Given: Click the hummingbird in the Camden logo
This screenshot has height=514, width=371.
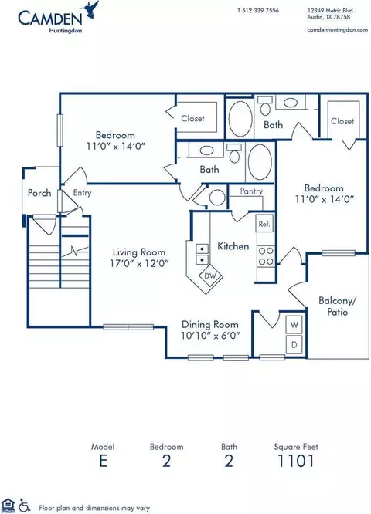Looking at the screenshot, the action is [x=92, y=8].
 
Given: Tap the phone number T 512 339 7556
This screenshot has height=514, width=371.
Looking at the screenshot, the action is [x=257, y=11].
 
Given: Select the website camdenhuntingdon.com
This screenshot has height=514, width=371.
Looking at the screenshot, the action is [x=337, y=29].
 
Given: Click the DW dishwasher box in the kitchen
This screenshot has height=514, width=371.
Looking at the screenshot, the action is [x=210, y=276].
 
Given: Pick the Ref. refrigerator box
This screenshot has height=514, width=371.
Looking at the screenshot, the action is [x=264, y=224].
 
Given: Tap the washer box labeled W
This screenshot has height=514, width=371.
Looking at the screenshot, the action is [x=294, y=325].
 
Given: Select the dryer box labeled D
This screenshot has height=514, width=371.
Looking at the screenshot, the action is [x=294, y=344].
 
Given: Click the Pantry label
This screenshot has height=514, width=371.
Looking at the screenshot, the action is [x=251, y=191].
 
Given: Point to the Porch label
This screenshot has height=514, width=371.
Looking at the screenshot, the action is [x=39, y=193].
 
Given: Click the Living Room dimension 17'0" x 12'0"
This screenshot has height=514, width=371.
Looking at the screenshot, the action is [x=139, y=263].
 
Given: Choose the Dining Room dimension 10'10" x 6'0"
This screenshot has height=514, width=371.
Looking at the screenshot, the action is [x=210, y=336].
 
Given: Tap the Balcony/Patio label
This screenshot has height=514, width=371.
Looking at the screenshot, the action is [x=338, y=306].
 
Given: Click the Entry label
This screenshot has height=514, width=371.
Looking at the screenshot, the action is [x=82, y=193].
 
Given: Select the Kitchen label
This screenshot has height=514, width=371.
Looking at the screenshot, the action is [x=233, y=246].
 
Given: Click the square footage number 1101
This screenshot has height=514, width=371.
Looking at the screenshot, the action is [x=296, y=461].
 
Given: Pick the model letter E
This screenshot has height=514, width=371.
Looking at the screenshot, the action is [x=103, y=461].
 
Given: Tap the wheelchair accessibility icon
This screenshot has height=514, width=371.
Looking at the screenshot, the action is [x=24, y=506].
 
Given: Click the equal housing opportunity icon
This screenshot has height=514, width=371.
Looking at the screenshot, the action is [x=9, y=506].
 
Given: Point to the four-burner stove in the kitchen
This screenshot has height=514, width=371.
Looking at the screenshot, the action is [x=266, y=256].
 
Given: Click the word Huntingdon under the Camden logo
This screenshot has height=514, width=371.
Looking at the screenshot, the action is [x=66, y=31].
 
